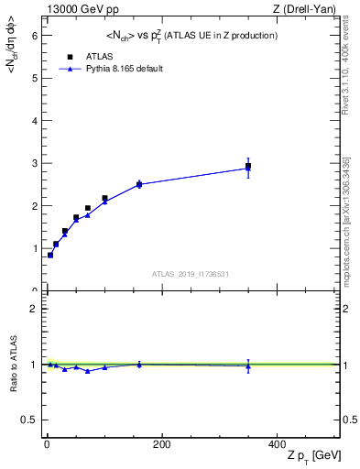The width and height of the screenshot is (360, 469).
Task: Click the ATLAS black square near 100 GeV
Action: pos(104,198)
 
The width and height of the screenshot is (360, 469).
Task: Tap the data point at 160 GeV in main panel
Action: pos(139,184)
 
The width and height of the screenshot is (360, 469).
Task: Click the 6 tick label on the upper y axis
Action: pos(34,35)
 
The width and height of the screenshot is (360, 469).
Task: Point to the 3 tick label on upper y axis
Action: pos(34,163)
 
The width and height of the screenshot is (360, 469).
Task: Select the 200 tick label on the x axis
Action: pos(161,444)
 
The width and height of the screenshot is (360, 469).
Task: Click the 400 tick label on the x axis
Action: pos(276,444)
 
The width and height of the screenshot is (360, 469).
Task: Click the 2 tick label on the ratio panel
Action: pos(34,309)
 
